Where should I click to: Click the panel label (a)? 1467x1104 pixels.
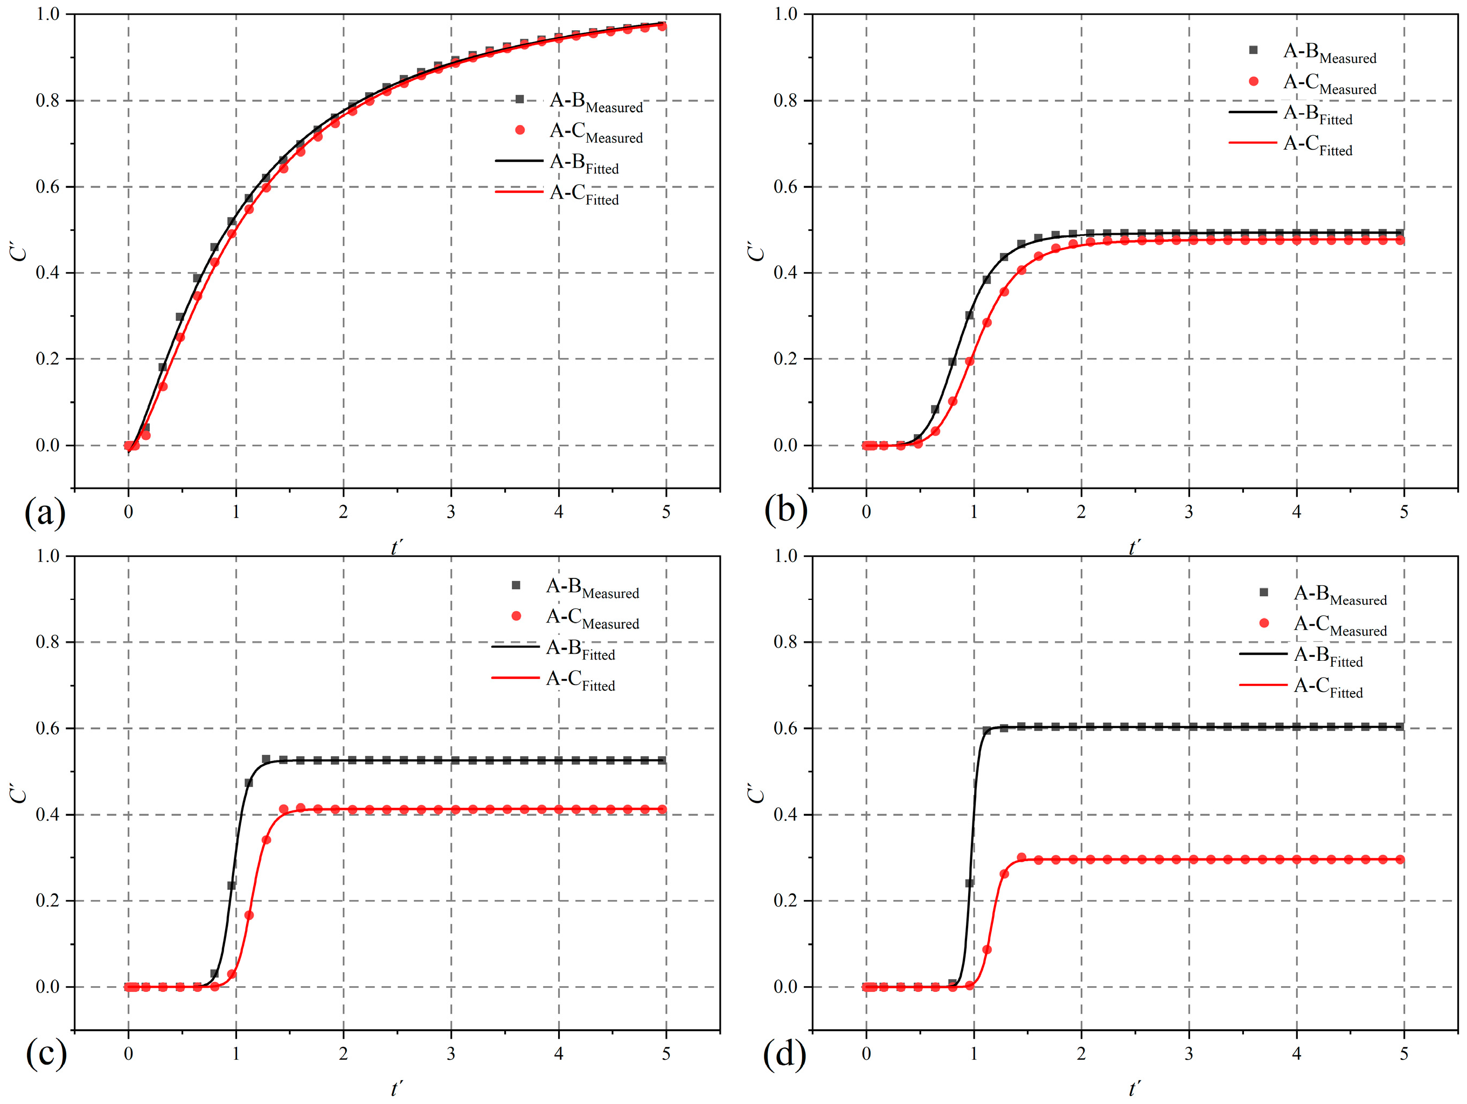click(45, 513)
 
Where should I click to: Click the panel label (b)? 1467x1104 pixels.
click(786, 511)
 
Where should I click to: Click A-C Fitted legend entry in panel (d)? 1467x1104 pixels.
click(1327, 687)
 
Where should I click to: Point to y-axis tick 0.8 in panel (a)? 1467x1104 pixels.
click(48, 101)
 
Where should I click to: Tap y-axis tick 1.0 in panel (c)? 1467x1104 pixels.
click(48, 556)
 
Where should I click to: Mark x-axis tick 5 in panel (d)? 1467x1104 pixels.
click(1404, 1053)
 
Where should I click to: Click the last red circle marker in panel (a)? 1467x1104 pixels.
click(662, 26)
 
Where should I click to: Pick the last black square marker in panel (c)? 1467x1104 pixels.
click(662, 760)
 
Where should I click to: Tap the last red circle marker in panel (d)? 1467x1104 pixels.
click(1400, 860)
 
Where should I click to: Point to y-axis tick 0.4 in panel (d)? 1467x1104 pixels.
click(785, 815)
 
